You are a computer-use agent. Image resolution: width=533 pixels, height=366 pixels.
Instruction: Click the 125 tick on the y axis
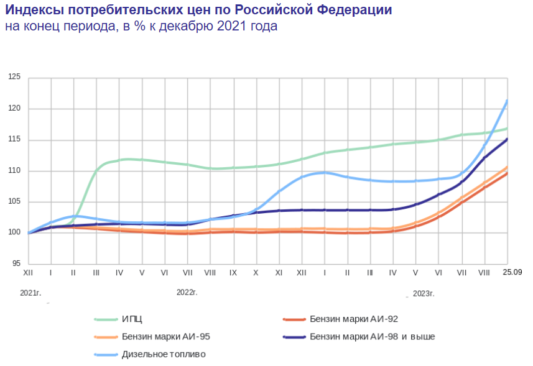tap(14, 77)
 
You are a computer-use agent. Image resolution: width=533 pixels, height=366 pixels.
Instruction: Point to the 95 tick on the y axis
tap(16, 263)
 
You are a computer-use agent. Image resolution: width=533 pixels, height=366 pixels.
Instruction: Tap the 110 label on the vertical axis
tap(14, 170)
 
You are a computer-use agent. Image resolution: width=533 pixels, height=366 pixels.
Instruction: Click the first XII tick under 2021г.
tap(29, 273)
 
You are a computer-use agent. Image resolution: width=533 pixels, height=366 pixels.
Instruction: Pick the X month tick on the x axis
tap(256, 273)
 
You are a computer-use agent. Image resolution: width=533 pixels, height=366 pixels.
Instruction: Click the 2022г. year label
tap(187, 291)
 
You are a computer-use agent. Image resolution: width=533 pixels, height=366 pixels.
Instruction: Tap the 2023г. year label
tap(423, 293)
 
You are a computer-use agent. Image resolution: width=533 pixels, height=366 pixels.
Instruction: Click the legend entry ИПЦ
tap(132, 319)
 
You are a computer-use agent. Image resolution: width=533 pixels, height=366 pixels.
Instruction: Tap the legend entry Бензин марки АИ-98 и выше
tap(371, 337)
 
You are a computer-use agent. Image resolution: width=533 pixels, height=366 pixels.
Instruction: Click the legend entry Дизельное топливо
tap(164, 354)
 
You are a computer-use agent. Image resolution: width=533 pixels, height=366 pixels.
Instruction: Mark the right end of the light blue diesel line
tap(508, 101)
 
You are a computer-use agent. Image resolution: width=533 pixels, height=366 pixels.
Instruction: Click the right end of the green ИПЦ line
tap(508, 129)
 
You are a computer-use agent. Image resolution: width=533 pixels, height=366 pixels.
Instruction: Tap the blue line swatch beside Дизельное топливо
tap(107, 354)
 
